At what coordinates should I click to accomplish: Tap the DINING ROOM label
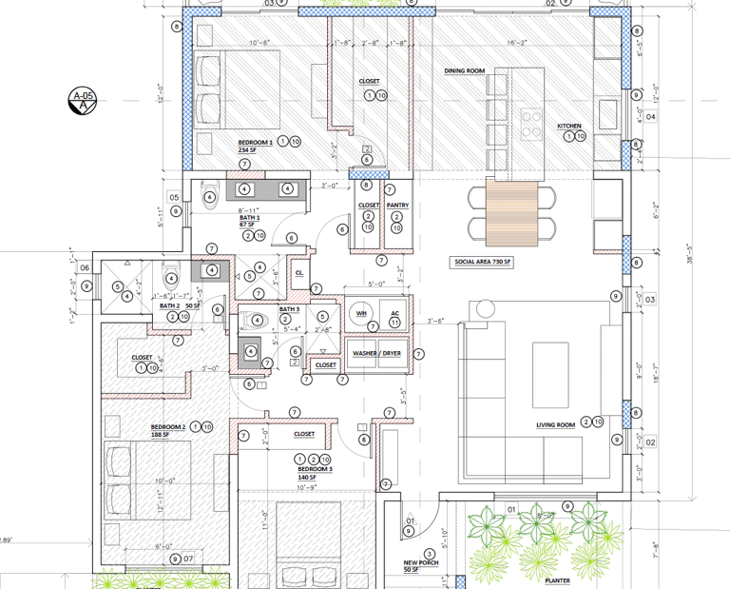click(465, 71)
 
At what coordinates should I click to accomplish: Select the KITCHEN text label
click(569, 127)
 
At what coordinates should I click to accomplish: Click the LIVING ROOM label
click(555, 425)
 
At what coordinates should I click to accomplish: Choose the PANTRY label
click(397, 205)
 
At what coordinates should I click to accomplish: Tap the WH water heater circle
click(361, 312)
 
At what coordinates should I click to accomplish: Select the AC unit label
click(394, 312)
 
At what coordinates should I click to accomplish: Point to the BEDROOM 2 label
click(167, 426)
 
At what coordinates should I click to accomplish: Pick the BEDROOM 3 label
click(315, 470)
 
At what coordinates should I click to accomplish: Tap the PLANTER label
click(557, 580)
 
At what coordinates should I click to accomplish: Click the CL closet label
click(298, 272)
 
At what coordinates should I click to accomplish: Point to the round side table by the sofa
click(485, 309)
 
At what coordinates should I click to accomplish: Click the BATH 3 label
click(288, 309)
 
